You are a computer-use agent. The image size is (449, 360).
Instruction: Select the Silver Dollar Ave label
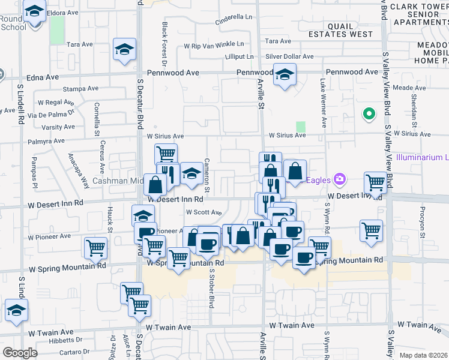coord(289,56)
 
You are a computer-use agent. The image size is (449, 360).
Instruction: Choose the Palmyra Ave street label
coord(46,142)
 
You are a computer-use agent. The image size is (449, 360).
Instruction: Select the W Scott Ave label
coord(203,212)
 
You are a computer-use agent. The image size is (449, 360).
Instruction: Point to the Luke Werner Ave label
coord(324,103)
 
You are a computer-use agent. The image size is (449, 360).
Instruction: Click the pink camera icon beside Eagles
coord(340,179)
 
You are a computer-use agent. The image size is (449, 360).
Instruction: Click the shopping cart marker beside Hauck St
coord(96,247)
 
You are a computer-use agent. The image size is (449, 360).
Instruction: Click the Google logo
coord(20,352)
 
